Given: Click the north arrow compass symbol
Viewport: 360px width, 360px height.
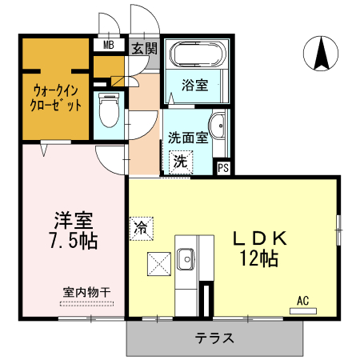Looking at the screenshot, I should pyautogui.click(x=322, y=54).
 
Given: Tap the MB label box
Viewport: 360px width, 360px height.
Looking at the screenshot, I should pyautogui.click(x=108, y=46).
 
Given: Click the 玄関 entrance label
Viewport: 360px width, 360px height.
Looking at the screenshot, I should pyautogui.click(x=145, y=47).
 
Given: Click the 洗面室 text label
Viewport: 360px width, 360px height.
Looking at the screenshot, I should pyautogui.click(x=188, y=137).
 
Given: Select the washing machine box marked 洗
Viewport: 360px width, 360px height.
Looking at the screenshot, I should pyautogui.click(x=181, y=162).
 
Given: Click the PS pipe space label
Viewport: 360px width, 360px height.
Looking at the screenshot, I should pyautogui.click(x=224, y=168).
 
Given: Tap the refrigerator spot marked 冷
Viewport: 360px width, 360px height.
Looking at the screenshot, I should pyautogui.click(x=140, y=226).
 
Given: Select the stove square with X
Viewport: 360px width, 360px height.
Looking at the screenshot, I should pyautogui.click(x=157, y=263).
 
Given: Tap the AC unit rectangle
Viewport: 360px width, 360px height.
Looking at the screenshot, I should pyautogui.click(x=302, y=309).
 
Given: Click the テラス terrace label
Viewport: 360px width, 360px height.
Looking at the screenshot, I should pyautogui.click(x=214, y=338).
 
